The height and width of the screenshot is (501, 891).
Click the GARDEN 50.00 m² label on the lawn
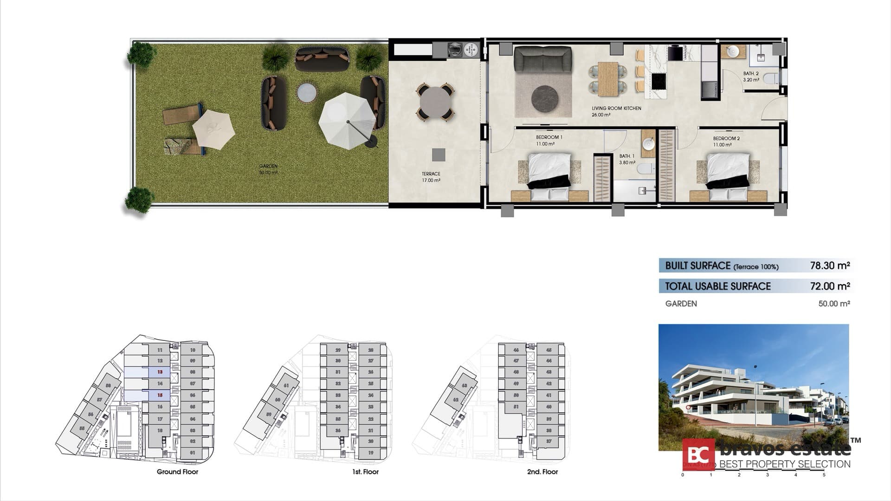(x=268, y=169)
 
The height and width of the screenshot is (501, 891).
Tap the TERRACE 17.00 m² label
(x=431, y=177)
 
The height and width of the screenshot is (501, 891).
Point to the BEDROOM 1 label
(x=549, y=141)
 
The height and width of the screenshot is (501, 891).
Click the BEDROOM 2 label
(x=726, y=141)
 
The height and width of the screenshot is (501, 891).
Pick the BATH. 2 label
(x=751, y=77)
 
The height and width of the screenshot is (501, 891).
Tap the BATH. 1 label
(x=627, y=160)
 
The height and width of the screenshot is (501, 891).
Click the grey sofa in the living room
(x=542, y=59)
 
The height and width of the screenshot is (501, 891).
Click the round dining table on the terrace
(x=435, y=102)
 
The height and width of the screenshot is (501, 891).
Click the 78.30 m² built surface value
(x=830, y=266)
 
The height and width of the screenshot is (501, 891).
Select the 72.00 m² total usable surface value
(x=830, y=286)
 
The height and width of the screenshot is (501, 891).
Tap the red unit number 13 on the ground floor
(x=160, y=372)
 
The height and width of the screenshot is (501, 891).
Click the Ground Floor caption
(x=177, y=472)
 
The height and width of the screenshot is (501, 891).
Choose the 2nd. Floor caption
(x=542, y=472)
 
